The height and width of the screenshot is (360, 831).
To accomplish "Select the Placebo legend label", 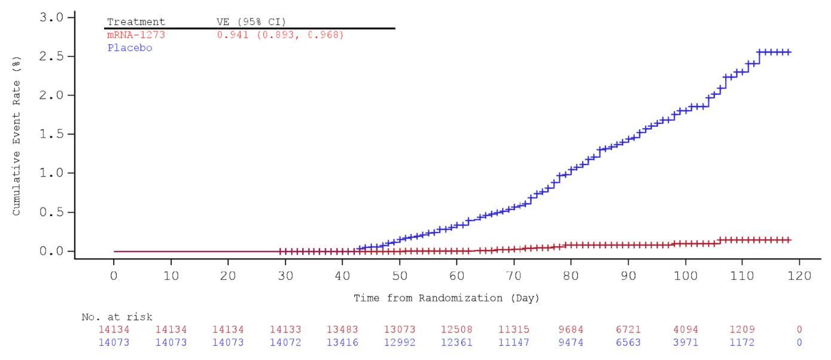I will pos(130,48).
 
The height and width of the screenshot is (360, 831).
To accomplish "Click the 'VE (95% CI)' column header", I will pos(251,22).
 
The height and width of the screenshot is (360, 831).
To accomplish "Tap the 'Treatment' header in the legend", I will pos(136,22).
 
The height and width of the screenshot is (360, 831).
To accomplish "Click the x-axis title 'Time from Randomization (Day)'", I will pos(446,298).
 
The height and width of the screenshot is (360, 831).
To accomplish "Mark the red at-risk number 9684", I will pos(571,330).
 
